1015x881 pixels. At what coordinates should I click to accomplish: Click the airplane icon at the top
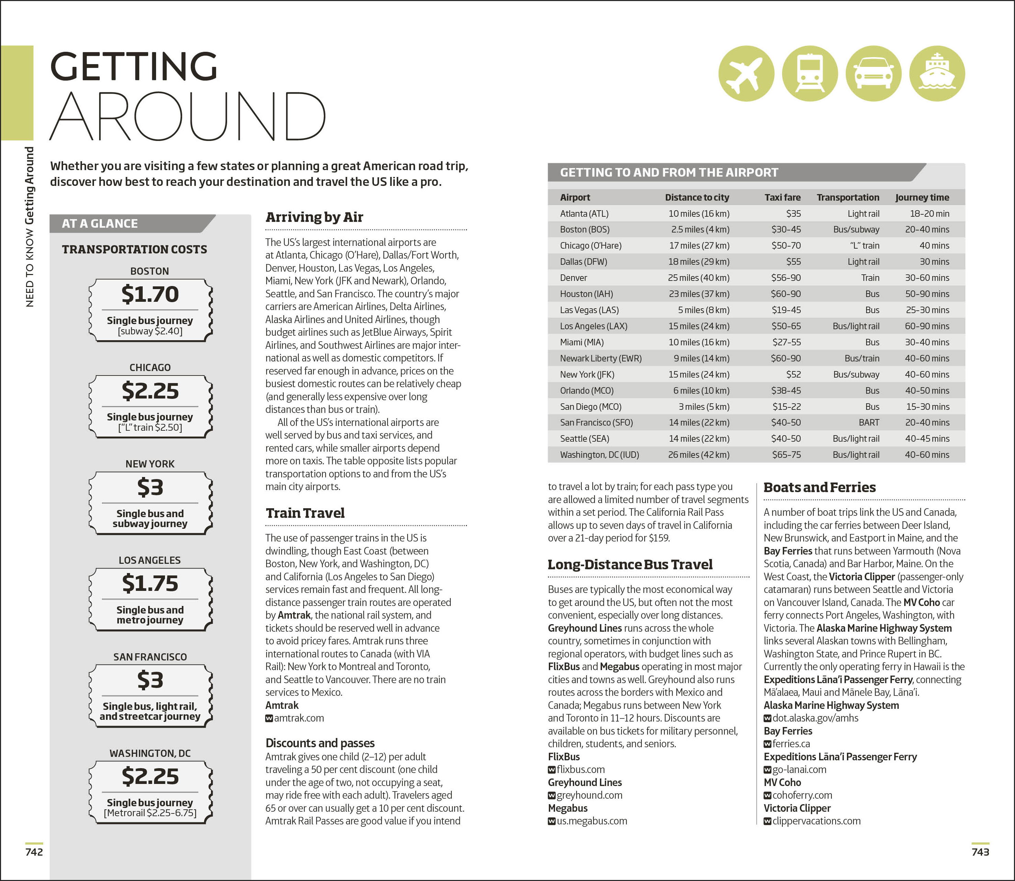point(746,74)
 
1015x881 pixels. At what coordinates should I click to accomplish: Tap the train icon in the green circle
point(810,74)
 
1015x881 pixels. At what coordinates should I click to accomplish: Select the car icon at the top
point(873,74)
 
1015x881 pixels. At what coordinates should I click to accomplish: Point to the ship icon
point(937,74)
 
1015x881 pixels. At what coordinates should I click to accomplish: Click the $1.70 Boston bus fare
point(150,294)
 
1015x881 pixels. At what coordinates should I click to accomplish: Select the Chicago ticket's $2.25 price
point(150,391)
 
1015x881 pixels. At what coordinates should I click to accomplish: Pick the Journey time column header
point(922,197)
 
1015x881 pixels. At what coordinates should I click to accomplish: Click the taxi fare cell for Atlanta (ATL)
point(793,213)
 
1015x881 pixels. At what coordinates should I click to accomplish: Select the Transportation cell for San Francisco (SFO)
point(869,422)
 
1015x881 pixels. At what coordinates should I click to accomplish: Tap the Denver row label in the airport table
point(574,278)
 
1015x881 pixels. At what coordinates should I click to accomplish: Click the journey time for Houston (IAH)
point(927,294)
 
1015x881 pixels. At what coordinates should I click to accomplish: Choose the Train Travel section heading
point(305,513)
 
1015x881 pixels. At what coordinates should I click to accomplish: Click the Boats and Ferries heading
point(819,487)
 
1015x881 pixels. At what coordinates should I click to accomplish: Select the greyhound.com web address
point(589,795)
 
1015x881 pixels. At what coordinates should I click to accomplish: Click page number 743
point(980,852)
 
